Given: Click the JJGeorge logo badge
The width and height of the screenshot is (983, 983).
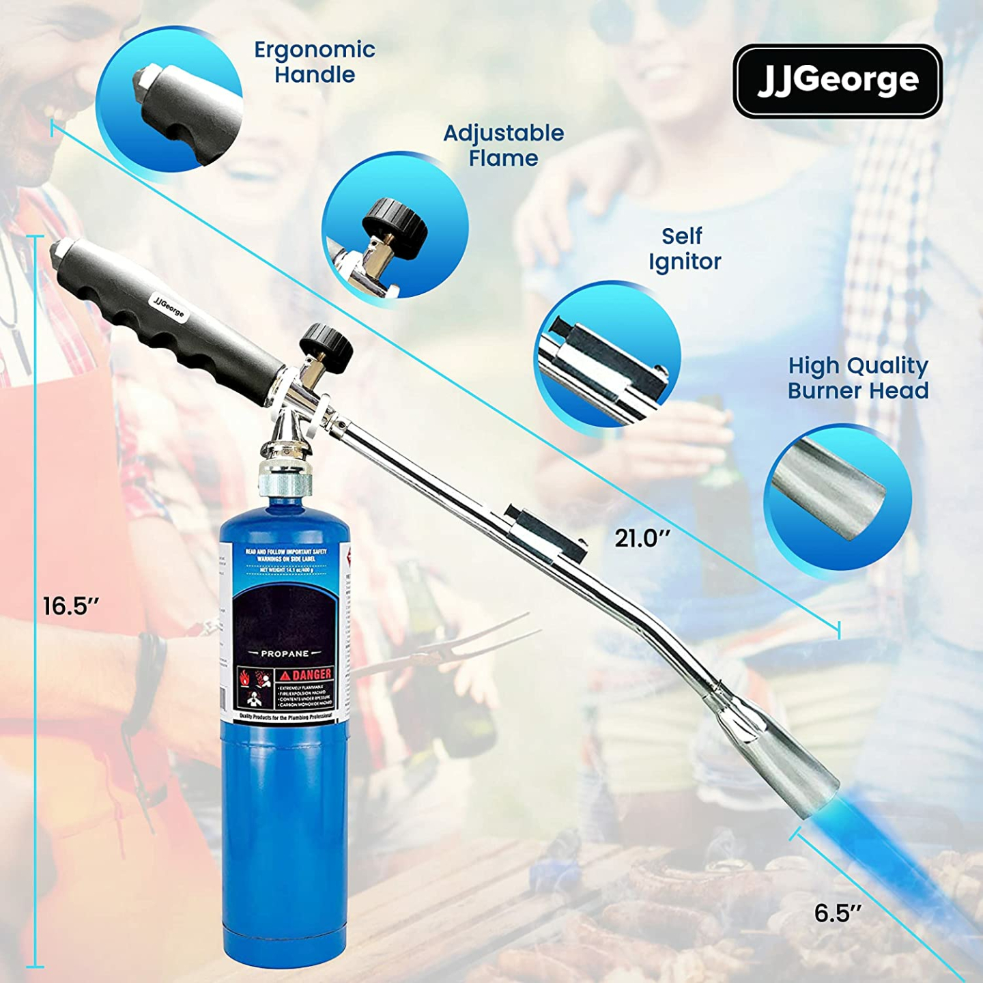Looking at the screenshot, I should click(838, 81).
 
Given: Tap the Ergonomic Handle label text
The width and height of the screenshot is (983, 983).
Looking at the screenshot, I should click(314, 62).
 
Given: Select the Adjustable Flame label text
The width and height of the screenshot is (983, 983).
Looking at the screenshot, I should click(504, 145).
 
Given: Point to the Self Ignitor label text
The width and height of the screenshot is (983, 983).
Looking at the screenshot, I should click(684, 249).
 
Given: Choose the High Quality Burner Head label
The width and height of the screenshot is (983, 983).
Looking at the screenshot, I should click(858, 378).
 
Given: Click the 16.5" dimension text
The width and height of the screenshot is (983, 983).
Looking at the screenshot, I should click(71, 606).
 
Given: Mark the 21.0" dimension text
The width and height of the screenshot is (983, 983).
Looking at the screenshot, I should click(642, 539).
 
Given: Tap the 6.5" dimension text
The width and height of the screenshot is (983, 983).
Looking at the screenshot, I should click(838, 913).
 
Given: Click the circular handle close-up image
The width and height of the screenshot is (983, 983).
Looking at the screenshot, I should click(169, 100).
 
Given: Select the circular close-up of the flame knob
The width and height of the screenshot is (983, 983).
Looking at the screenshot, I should click(395, 225).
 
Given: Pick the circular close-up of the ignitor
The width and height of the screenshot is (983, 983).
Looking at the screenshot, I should click(607, 355).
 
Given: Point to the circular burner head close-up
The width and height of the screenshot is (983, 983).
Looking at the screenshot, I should click(837, 496).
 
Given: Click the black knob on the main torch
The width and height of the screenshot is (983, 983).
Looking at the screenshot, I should click(326, 342).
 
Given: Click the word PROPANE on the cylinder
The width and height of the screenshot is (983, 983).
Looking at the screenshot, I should click(285, 653).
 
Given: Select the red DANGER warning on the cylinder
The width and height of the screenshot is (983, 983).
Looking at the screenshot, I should click(305, 674).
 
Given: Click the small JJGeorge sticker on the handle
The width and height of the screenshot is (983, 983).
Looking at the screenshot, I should click(168, 307).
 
